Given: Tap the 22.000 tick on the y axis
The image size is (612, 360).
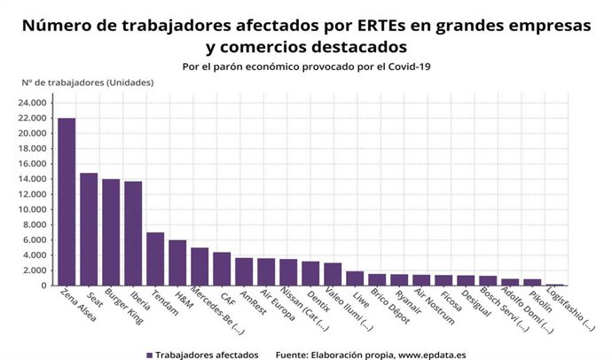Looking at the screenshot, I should [32, 118].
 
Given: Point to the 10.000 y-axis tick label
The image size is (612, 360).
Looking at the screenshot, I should [32, 209].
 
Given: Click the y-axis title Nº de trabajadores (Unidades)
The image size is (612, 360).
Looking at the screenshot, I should [87, 82].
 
